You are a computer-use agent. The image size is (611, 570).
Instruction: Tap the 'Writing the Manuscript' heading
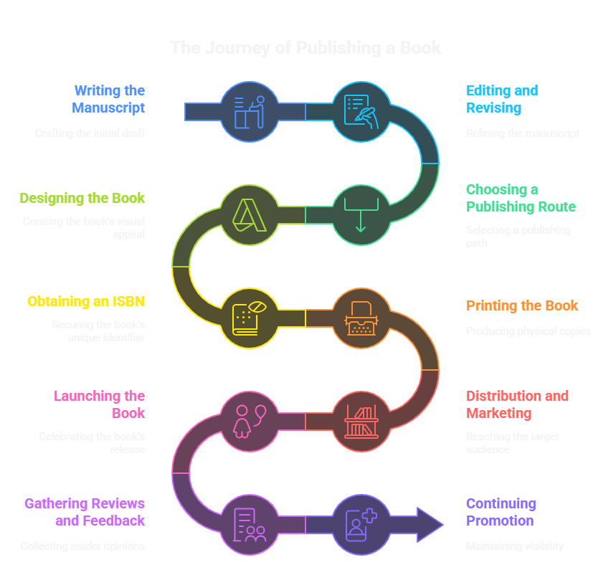[x=109, y=99]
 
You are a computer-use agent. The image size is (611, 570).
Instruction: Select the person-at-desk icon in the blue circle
[x=250, y=111]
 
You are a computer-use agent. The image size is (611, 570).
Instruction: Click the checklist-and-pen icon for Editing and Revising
[x=361, y=111]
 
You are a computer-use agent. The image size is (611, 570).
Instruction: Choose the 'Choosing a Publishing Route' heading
[x=521, y=198]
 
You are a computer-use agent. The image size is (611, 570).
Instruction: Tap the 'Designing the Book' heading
[x=82, y=198]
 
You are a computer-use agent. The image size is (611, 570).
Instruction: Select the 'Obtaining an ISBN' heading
[x=86, y=301]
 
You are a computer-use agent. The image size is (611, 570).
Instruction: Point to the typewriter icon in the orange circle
[x=361, y=318]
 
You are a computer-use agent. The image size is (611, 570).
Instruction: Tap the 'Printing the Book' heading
[x=522, y=305]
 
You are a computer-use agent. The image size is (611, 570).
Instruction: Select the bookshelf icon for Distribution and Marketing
[x=361, y=422]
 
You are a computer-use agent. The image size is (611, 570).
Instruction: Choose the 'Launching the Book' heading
[x=99, y=404]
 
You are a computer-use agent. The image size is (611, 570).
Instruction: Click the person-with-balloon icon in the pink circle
[x=250, y=422]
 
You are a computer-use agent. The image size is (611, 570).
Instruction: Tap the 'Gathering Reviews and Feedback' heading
[x=85, y=512]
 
